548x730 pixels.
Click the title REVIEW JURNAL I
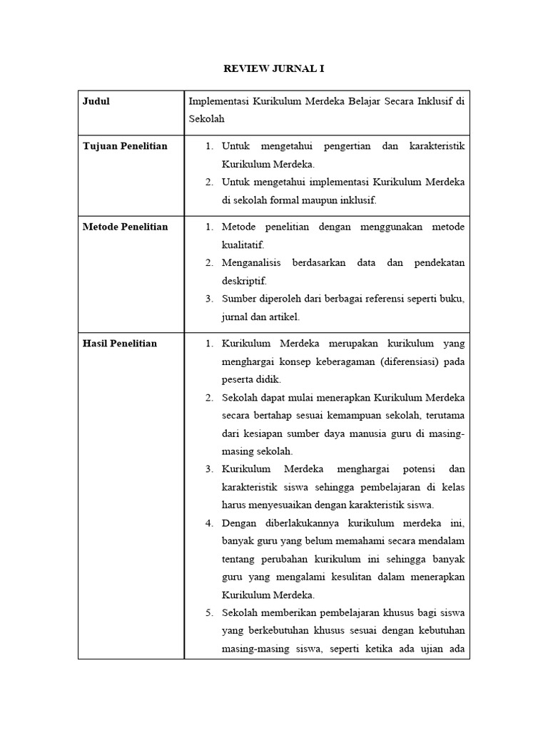tap(274, 68)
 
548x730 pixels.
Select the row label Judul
tap(96, 101)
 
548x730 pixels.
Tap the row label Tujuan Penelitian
tap(125, 146)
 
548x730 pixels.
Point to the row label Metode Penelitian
tap(125, 227)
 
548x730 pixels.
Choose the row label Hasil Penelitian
tap(120, 344)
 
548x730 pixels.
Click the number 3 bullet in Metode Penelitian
tap(209, 299)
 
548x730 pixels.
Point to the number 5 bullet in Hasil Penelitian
tap(209, 613)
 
